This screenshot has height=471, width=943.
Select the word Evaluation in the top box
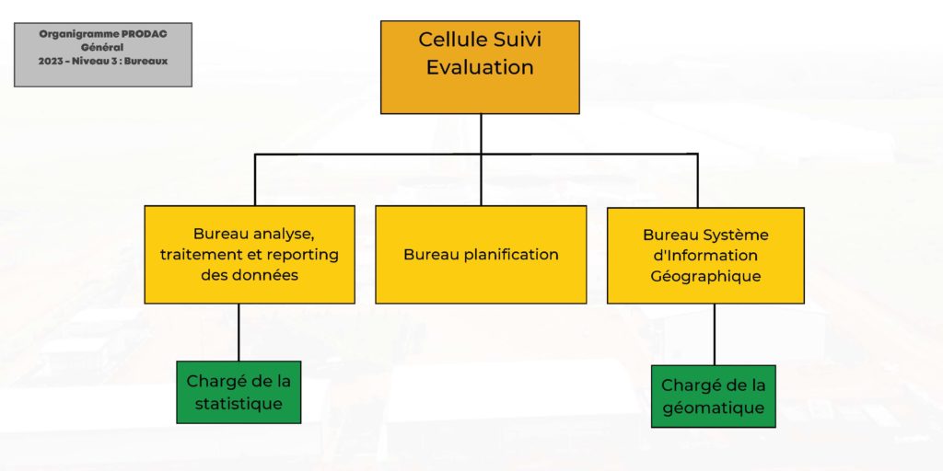[x=480, y=66]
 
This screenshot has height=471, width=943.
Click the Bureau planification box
[x=481, y=255]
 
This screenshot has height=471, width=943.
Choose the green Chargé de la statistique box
[x=239, y=392]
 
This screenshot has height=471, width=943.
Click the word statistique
[x=239, y=403]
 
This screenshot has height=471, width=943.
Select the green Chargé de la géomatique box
[x=714, y=396]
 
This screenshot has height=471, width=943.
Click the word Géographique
[x=705, y=276]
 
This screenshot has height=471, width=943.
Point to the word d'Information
[x=705, y=256]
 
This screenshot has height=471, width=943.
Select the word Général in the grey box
[x=103, y=48]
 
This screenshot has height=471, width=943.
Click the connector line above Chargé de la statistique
[x=239, y=332]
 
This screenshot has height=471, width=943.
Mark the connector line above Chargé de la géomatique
[x=715, y=335]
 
